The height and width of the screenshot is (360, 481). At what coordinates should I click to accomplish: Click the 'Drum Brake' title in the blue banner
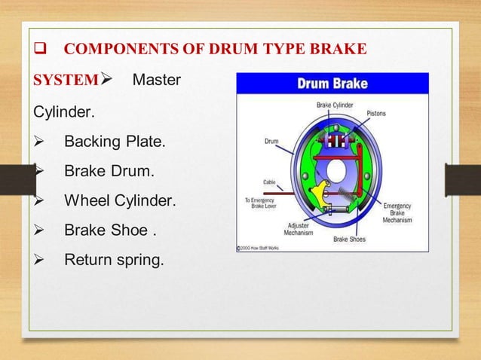pyautogui.click(x=332, y=83)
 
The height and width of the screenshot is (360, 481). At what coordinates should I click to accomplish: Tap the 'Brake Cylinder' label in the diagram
pyautogui.click(x=334, y=105)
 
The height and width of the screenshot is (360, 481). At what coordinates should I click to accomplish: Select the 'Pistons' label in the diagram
pyautogui.click(x=377, y=114)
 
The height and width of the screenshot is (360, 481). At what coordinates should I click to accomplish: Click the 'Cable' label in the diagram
pyautogui.click(x=269, y=182)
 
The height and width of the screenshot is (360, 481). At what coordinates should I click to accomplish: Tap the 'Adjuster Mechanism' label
pyautogui.click(x=299, y=228)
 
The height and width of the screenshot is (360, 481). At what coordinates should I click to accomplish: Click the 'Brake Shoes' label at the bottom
pyautogui.click(x=351, y=239)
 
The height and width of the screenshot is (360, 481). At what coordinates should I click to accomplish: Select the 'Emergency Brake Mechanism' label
pyautogui.click(x=397, y=212)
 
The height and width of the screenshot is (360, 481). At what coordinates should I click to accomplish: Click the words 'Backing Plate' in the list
pyautogui.click(x=112, y=142)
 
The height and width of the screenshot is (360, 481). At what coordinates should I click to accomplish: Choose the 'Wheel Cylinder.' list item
pyautogui.click(x=121, y=201)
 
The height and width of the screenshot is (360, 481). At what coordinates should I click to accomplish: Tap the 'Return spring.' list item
pyautogui.click(x=113, y=261)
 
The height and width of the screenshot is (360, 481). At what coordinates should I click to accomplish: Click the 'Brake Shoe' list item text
pyautogui.click(x=107, y=230)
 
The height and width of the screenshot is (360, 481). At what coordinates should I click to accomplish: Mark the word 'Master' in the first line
pyautogui.click(x=156, y=79)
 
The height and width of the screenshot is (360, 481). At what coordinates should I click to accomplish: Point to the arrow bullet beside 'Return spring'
pyautogui.click(x=41, y=261)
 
